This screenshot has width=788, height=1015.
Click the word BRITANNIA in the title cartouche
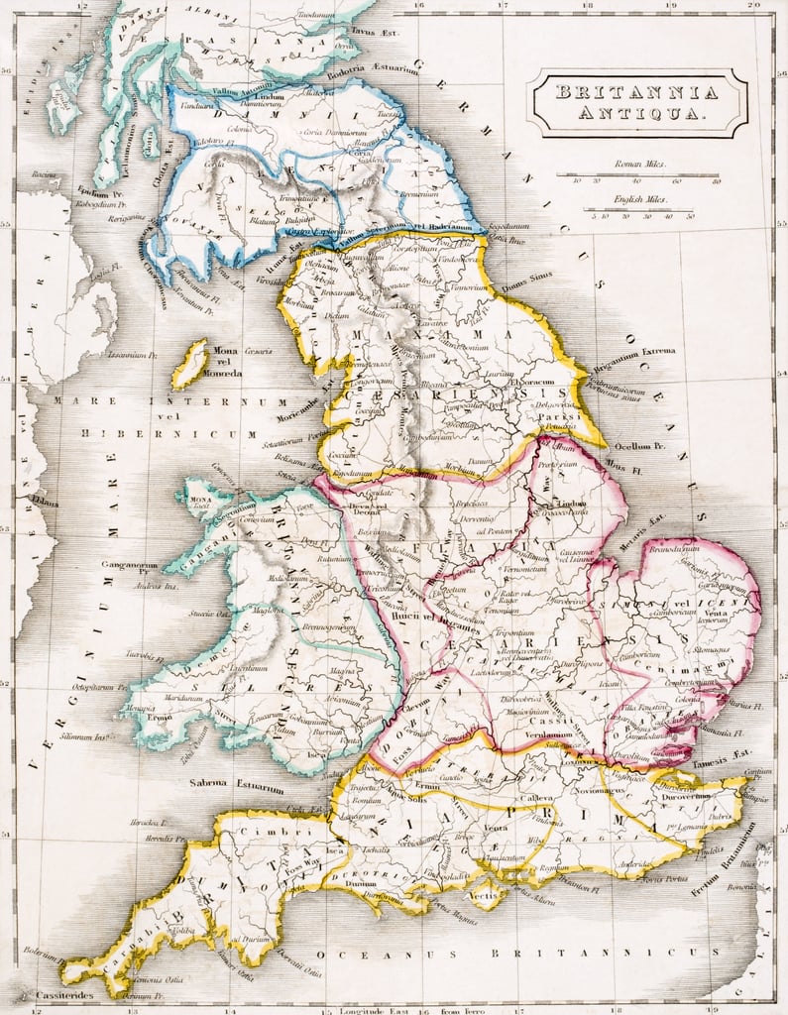click(x=636, y=92)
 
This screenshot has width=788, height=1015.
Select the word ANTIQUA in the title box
click(x=636, y=114)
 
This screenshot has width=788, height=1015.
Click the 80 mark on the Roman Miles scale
click(x=716, y=181)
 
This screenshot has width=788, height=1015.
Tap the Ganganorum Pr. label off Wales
click(x=130, y=568)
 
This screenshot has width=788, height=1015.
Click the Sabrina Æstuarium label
click(x=236, y=785)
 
